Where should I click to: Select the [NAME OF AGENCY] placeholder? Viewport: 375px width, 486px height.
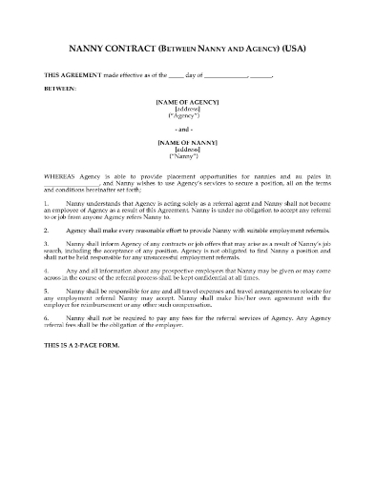(187, 100)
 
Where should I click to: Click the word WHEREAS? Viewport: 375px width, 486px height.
(59, 177)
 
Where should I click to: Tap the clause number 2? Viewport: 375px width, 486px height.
(47, 231)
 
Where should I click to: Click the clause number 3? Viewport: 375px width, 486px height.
(47, 244)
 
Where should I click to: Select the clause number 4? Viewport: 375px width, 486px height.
(47, 270)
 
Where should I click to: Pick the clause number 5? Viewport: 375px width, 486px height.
(47, 290)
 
